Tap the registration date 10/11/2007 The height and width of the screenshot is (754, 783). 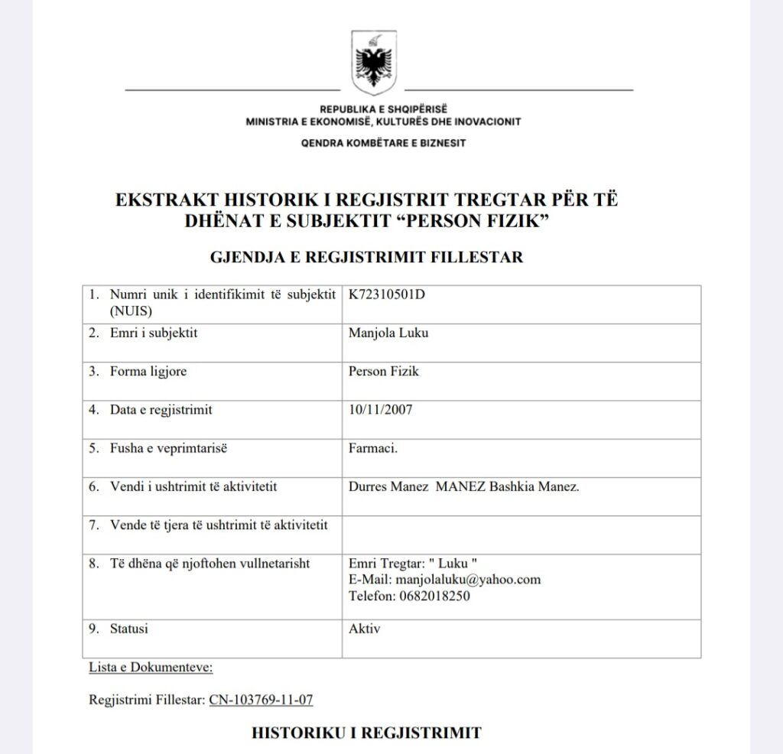click(380, 410)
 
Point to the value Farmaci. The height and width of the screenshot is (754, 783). click(373, 448)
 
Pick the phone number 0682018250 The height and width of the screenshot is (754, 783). click(434, 596)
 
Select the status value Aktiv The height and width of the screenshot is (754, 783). click(364, 629)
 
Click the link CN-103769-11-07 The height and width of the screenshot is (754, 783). click(261, 700)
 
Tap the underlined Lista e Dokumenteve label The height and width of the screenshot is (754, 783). click(151, 667)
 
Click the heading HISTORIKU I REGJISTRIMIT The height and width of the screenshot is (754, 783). click(366, 733)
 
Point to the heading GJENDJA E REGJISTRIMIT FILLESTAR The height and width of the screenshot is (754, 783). click(366, 258)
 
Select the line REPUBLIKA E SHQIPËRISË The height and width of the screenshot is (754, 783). click(383, 109)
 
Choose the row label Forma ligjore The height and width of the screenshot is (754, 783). click(148, 372)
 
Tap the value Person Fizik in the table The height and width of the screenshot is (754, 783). click(384, 372)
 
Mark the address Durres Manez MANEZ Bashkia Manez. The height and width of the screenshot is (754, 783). click(463, 487)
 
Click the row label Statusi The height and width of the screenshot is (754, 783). click(129, 629)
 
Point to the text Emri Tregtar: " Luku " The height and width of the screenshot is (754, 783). click(413, 564)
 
